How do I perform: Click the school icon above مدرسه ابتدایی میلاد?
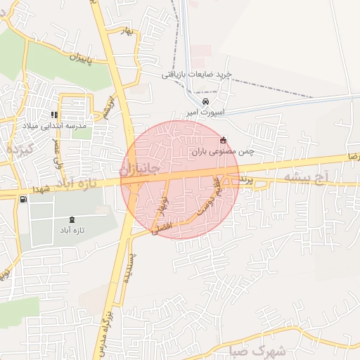tap(54, 115)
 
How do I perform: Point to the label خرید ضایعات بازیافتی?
tap(197, 74)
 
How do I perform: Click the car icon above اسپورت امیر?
tap(205, 101)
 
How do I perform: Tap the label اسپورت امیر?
tap(205, 112)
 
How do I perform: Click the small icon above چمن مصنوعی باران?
tap(224, 139)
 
